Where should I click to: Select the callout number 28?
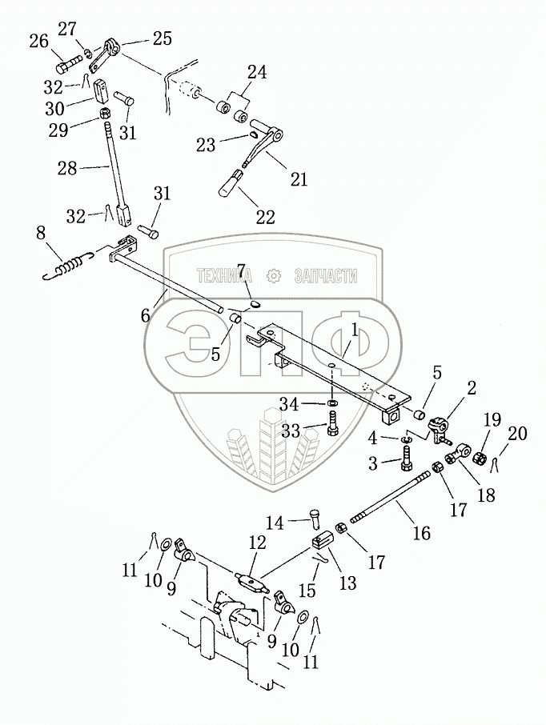tap(67, 168)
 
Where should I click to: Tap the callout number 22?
tap(265, 216)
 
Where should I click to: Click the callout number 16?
tap(420, 532)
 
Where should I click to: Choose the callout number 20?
tap(518, 435)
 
